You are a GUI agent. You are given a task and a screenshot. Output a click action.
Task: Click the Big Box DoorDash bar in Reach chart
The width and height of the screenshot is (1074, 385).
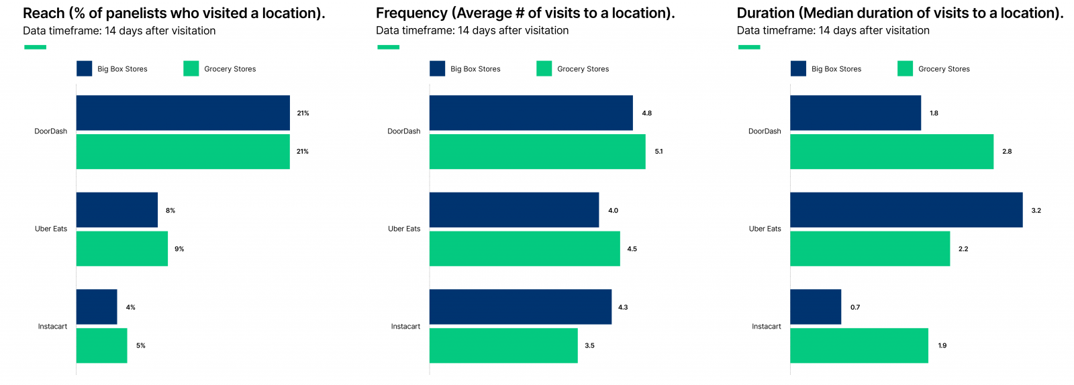183,113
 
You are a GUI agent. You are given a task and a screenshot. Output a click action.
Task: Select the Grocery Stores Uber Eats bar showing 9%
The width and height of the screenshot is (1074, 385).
121,249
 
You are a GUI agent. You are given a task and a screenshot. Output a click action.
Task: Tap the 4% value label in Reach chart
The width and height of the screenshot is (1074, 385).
131,307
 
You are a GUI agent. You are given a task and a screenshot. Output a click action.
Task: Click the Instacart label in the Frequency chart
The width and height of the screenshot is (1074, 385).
405,327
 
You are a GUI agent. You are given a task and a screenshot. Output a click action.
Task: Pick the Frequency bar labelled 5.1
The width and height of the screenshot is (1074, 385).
537,152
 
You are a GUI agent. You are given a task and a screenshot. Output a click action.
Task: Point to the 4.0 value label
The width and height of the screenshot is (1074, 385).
613,211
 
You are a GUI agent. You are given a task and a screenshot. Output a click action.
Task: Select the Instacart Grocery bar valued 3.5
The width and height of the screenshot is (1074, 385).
503,345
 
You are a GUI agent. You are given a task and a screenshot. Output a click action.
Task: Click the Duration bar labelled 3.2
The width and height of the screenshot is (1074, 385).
906,210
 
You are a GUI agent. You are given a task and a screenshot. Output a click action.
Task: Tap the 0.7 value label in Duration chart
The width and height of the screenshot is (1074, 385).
855,307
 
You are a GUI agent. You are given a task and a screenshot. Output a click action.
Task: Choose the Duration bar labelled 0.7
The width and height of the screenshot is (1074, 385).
816,307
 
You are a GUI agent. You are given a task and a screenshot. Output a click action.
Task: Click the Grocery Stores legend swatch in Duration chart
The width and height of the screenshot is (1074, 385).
905,68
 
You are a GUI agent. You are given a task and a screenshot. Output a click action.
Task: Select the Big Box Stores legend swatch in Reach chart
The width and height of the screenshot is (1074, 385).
84,68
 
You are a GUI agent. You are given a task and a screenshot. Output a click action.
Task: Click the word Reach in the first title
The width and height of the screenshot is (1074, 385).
44,13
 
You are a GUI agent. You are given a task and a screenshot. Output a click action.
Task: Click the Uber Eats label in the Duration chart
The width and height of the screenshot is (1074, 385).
765,229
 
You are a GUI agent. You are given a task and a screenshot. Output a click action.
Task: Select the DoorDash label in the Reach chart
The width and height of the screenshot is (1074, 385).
51,131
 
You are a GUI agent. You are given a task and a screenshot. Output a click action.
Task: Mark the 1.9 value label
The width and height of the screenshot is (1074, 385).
942,345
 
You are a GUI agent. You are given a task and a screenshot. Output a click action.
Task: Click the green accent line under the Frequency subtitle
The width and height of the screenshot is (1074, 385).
388,47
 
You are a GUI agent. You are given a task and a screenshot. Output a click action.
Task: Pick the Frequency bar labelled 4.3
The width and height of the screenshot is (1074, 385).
520,307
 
